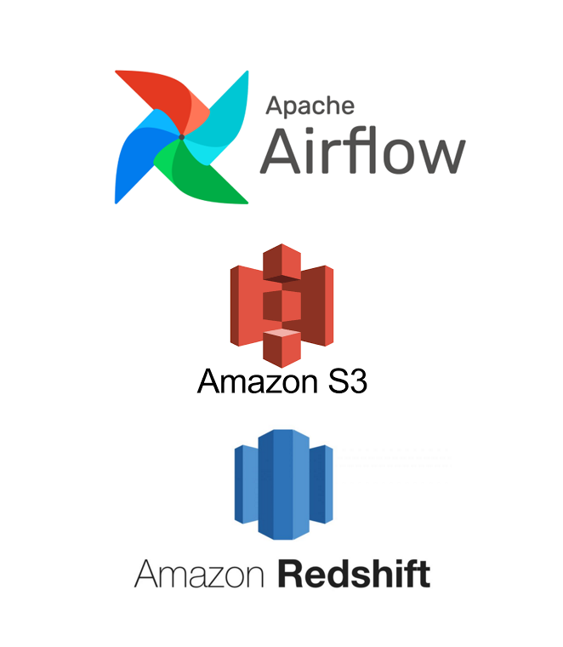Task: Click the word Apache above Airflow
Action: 310,106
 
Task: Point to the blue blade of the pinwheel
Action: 140,167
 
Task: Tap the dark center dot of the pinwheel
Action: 182,136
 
